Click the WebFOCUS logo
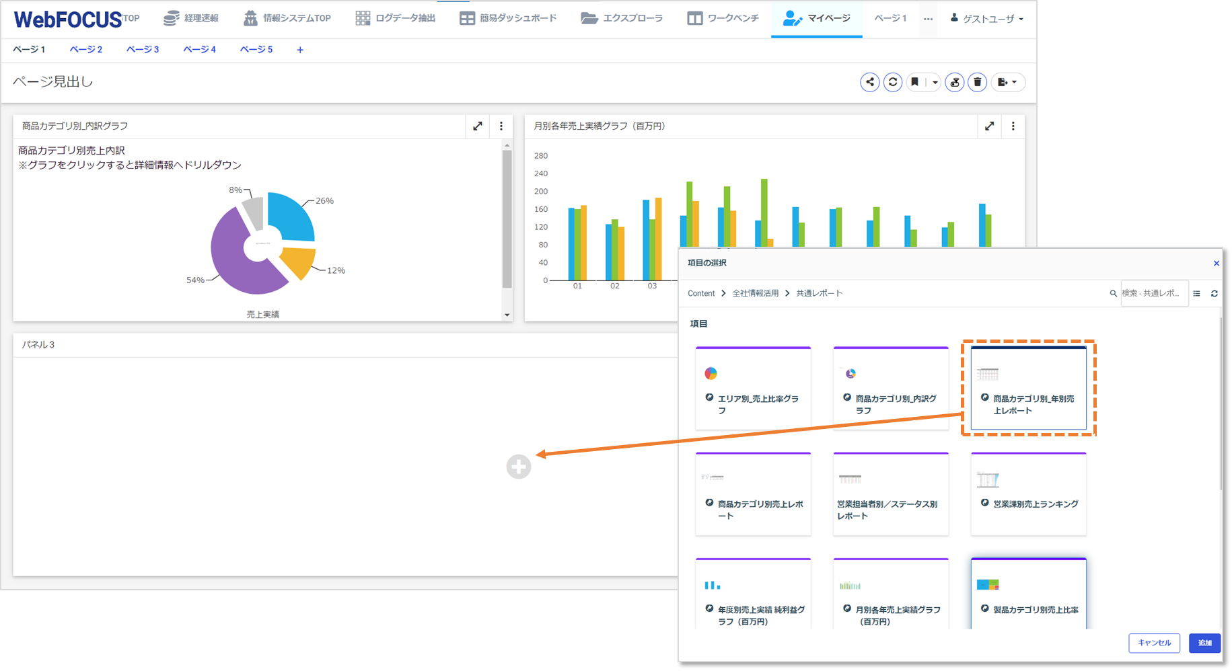(x=67, y=19)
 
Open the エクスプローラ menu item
(x=622, y=18)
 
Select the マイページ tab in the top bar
(x=817, y=18)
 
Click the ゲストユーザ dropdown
(x=988, y=19)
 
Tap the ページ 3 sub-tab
(x=143, y=49)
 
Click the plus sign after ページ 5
(x=300, y=50)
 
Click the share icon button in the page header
(x=869, y=82)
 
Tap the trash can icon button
(x=977, y=82)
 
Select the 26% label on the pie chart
(x=324, y=200)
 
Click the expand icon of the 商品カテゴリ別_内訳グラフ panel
(x=477, y=126)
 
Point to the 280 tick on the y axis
(x=541, y=155)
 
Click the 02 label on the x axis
(x=615, y=286)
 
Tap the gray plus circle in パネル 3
(x=519, y=467)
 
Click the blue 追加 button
(x=1204, y=643)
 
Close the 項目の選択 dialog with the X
(x=1216, y=263)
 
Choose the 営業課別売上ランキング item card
(x=1028, y=494)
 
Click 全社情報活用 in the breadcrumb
(x=755, y=293)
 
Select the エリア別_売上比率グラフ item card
(x=753, y=389)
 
